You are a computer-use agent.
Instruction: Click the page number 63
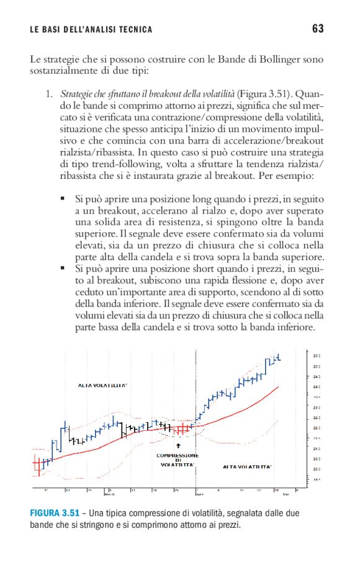318,29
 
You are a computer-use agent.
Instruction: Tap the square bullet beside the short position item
63,268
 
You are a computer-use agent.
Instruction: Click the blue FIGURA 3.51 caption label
55,513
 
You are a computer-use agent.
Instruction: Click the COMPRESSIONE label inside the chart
178,455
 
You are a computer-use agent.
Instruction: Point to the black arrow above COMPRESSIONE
178,445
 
